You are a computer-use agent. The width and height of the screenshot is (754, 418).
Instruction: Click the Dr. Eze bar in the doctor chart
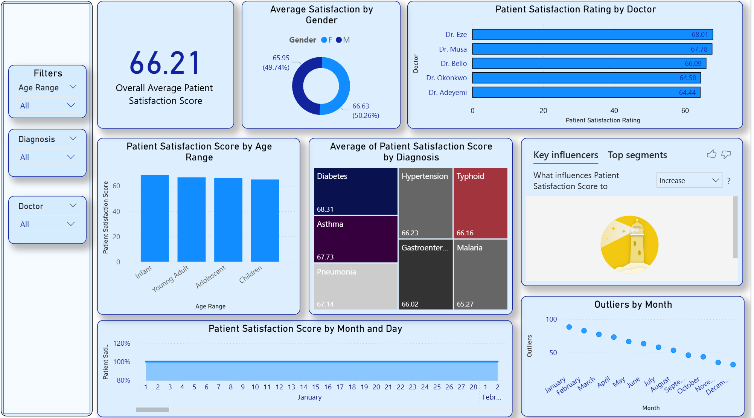[592, 35]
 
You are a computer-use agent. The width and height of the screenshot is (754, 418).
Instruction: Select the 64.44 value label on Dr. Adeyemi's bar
[687, 93]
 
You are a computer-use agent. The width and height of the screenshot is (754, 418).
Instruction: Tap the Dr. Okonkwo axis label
[446, 78]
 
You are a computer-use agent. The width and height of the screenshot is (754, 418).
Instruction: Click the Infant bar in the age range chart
[155, 218]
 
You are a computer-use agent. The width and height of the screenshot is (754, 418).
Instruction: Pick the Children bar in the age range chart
[265, 220]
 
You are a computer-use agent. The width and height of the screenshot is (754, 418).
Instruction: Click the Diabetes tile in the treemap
[355, 191]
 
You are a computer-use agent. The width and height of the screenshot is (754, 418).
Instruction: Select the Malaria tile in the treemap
[480, 275]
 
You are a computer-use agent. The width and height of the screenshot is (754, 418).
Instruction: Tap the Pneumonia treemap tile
[355, 286]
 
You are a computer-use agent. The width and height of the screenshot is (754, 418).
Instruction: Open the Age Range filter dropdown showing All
[47, 105]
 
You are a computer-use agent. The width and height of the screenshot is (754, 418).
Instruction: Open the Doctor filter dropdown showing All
[47, 224]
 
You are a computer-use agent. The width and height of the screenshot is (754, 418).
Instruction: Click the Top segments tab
[637, 155]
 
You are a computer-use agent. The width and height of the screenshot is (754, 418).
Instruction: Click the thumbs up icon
[711, 154]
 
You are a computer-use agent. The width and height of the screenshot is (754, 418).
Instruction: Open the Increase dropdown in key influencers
[689, 180]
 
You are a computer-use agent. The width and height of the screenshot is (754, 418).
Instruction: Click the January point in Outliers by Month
[569, 327]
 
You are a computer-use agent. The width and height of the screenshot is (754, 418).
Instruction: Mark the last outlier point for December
[733, 365]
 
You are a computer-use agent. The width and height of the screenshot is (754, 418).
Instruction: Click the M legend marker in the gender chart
[339, 40]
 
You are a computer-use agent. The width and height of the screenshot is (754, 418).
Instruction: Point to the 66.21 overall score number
[165, 63]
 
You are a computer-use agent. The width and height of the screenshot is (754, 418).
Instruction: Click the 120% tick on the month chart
[122, 343]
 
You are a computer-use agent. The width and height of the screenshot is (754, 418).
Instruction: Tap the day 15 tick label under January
[315, 387]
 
